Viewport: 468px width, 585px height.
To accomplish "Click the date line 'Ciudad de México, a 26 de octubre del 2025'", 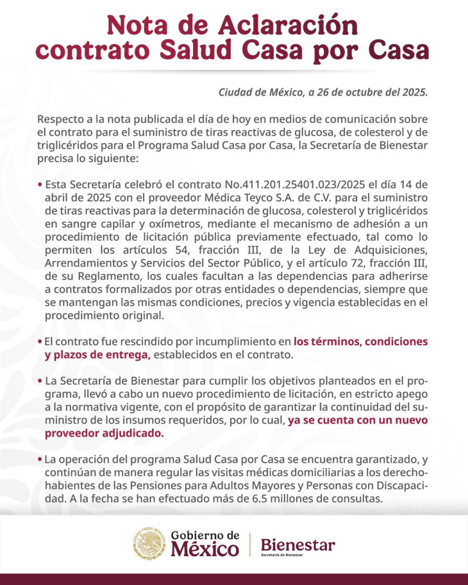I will (x=322, y=92).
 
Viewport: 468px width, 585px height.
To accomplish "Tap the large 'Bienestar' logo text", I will (x=297, y=545).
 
